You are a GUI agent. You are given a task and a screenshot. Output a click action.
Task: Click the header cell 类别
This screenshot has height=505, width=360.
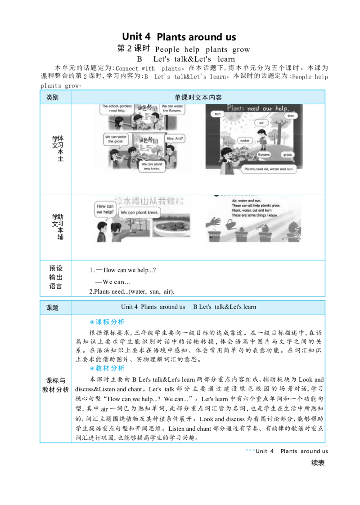(x=52, y=98)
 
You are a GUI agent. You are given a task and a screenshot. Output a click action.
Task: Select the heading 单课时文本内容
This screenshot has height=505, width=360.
(x=198, y=98)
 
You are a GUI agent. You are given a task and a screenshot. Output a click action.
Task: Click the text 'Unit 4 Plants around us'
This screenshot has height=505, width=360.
(x=153, y=307)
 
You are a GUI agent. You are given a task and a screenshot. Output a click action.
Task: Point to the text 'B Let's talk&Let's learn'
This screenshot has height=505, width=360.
(x=225, y=307)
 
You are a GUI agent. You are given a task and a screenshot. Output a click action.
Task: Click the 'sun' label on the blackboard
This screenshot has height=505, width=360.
(x=218, y=114)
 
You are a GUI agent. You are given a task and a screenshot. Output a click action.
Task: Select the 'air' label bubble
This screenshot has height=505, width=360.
(x=261, y=122)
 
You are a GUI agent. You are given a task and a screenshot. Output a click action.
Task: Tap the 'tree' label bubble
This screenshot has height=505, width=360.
(x=290, y=116)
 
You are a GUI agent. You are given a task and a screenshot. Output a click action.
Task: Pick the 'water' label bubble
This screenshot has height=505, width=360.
(x=244, y=140)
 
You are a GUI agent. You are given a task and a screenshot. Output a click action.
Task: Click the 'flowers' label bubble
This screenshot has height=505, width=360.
(x=264, y=155)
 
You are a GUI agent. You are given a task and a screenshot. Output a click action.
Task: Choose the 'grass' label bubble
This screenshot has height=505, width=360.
(x=288, y=155)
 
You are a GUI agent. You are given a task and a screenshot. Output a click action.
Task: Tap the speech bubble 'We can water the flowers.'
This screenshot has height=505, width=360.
(x=171, y=109)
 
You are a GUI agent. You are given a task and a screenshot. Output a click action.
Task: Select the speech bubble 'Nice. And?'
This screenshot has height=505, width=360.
(x=175, y=139)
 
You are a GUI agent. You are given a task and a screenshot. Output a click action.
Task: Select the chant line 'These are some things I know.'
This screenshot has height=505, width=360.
(x=254, y=215)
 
